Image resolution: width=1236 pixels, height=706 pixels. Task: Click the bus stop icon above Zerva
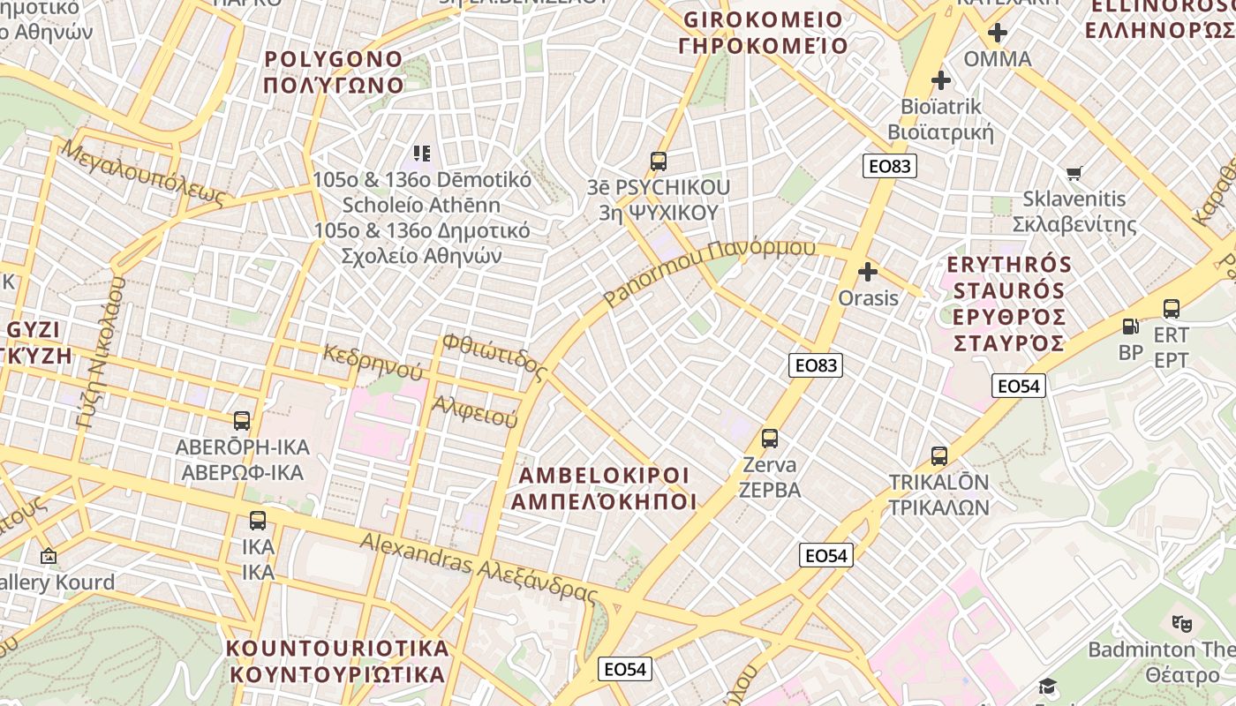pos(770,439)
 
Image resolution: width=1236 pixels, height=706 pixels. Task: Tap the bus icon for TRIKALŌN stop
pos(939,456)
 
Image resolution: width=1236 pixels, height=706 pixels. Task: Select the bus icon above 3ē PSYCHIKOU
pos(659,161)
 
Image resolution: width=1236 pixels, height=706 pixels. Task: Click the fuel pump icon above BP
pos(1130,327)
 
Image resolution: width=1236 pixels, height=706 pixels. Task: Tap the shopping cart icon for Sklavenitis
pos(1074,173)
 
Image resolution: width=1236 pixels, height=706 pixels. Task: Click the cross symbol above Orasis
pos(868,272)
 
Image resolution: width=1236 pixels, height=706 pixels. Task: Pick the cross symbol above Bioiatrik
pos(941,80)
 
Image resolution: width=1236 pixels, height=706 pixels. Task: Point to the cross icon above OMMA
pos(998,34)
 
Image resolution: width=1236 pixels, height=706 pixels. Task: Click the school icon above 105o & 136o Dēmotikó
pos(422,154)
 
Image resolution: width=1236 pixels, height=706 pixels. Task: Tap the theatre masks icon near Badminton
pos(1182,623)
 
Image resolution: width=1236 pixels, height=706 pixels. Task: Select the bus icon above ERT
pos(1172,309)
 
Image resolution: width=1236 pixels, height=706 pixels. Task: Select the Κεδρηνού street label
pos(372,363)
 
